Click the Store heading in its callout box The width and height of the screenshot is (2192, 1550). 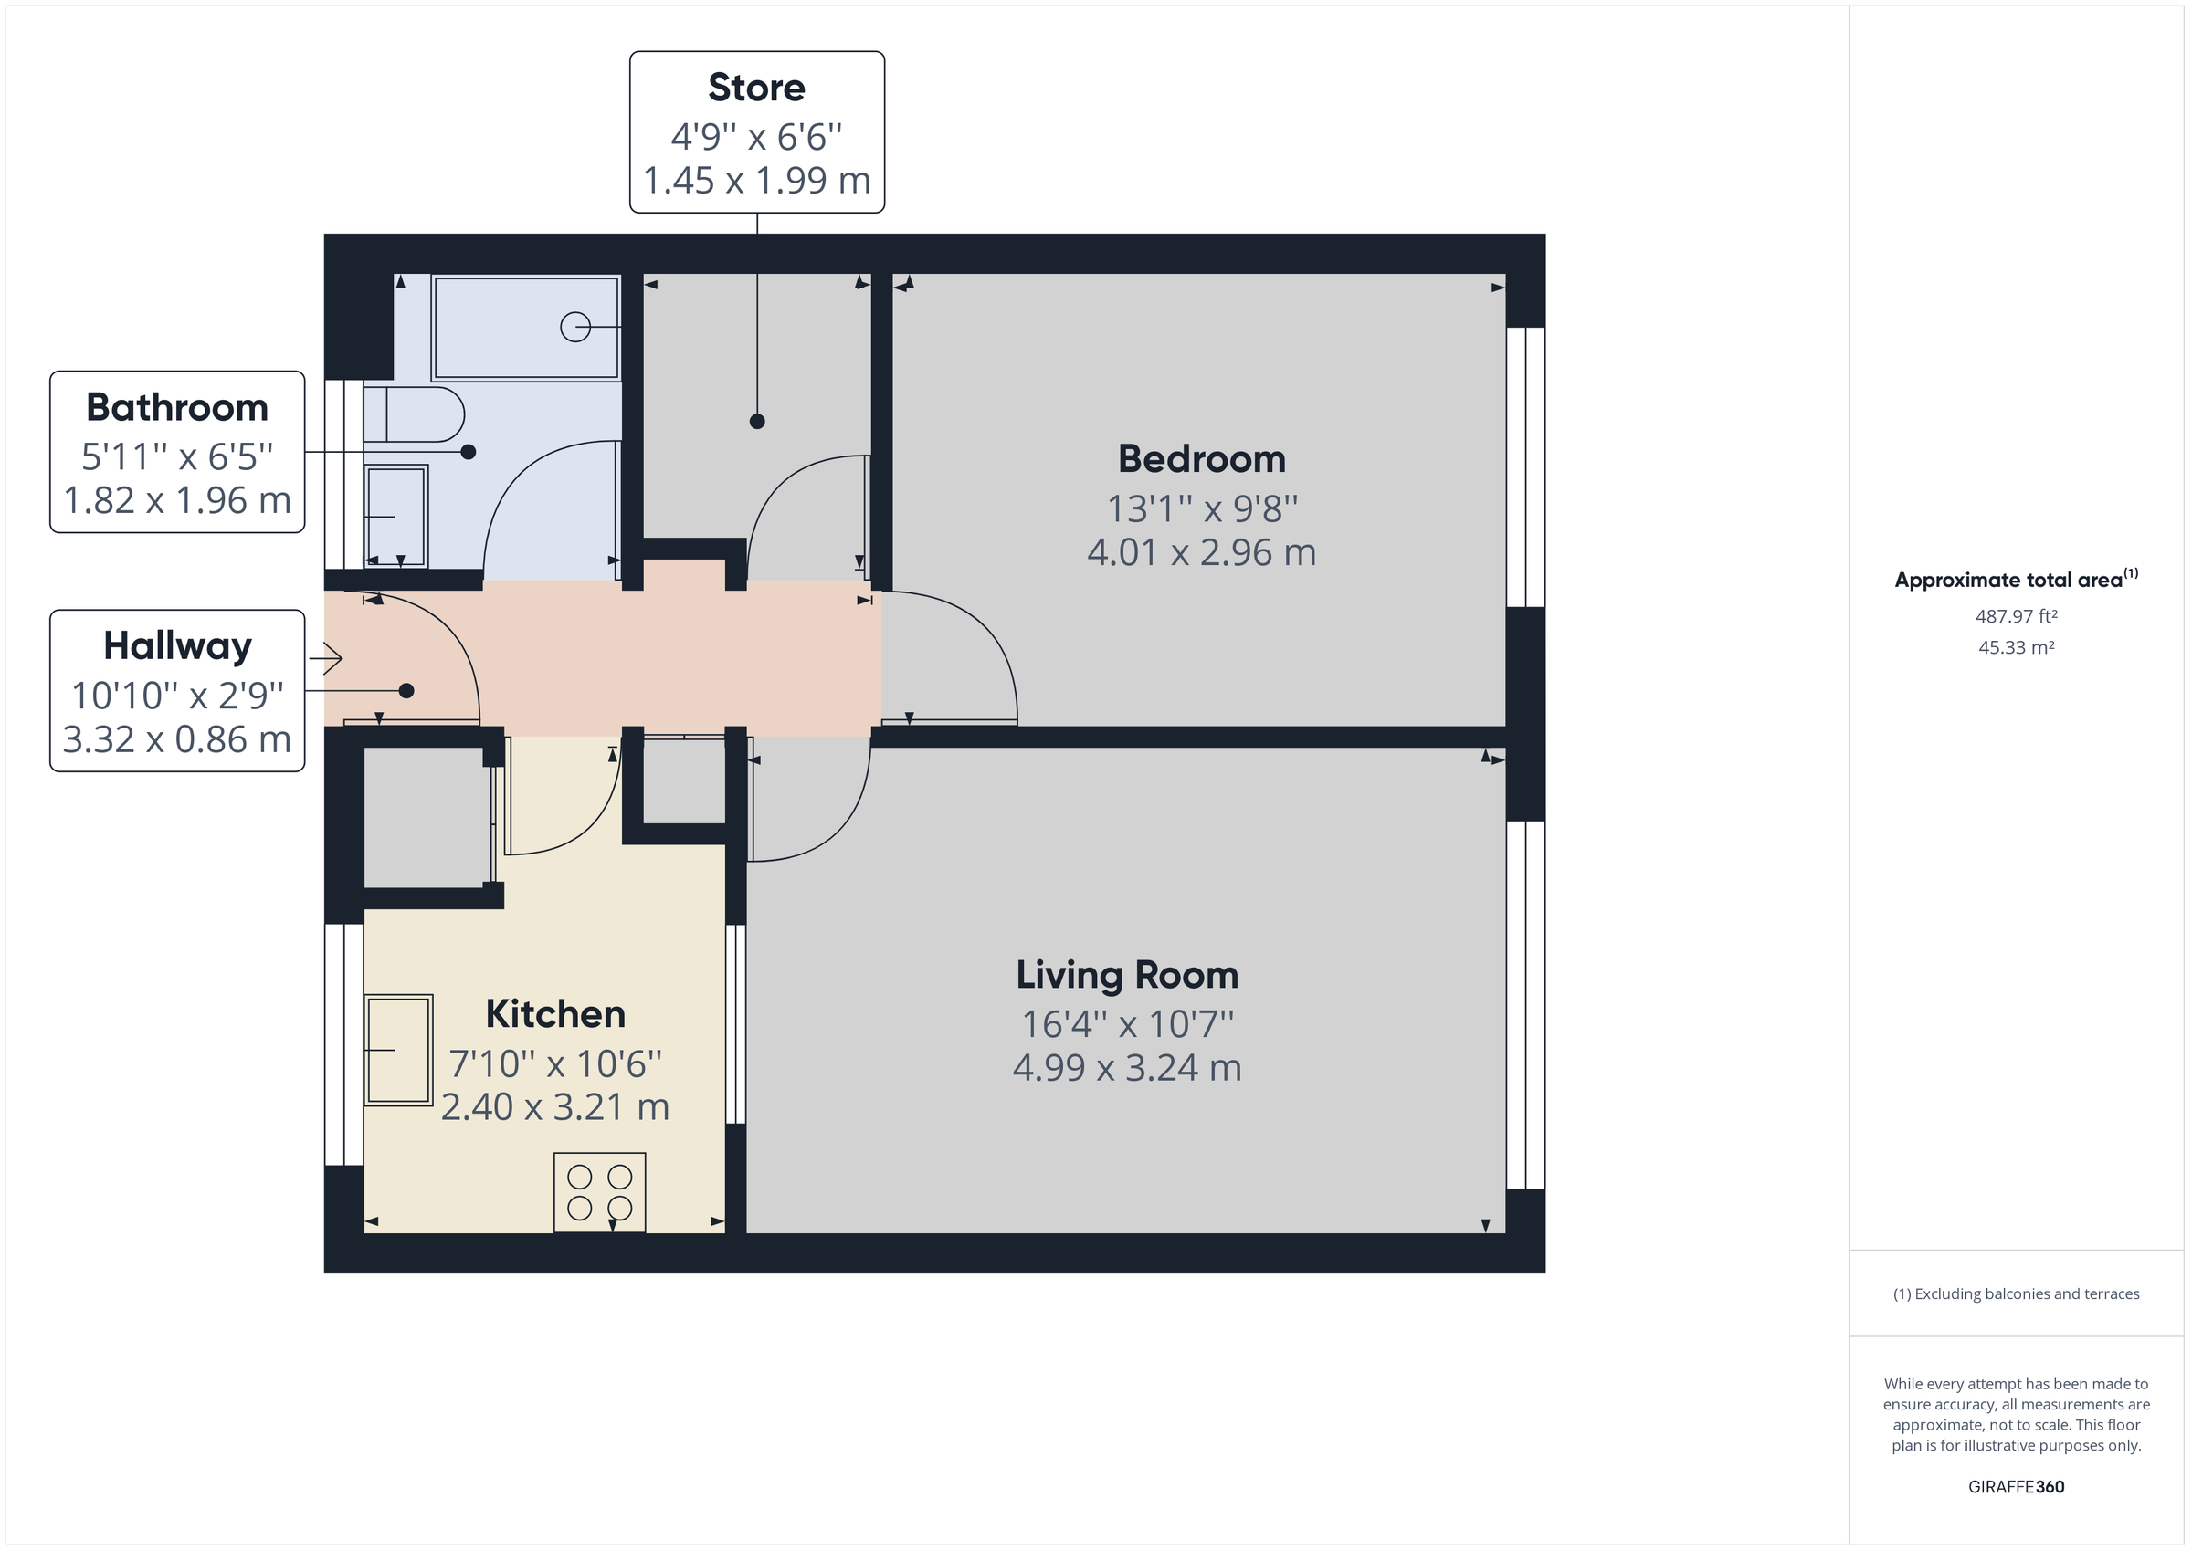756,88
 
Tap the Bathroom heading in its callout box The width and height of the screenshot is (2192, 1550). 176,407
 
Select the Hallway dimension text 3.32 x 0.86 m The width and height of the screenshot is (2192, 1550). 176,739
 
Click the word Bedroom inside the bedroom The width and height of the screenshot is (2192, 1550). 1201,459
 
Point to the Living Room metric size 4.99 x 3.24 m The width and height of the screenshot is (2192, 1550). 1126,1068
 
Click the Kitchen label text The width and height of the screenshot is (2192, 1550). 554,1013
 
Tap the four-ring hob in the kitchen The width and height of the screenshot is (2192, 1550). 599,1192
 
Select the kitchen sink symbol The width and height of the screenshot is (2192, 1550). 399,1050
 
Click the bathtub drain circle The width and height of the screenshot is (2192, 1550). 574,328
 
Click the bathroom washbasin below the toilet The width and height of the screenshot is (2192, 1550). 395,517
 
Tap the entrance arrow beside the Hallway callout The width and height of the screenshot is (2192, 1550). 326,657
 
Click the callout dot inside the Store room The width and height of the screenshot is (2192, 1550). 757,421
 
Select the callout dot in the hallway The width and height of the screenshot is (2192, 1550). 406,690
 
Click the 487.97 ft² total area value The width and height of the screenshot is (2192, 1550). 2016,616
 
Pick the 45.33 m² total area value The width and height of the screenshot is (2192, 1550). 2016,647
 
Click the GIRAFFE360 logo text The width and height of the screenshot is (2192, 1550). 2016,1486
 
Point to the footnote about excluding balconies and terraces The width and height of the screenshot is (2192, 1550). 2016,1293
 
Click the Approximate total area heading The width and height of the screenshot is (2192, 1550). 2008,580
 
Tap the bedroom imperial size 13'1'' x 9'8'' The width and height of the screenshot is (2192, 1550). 1201,509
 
